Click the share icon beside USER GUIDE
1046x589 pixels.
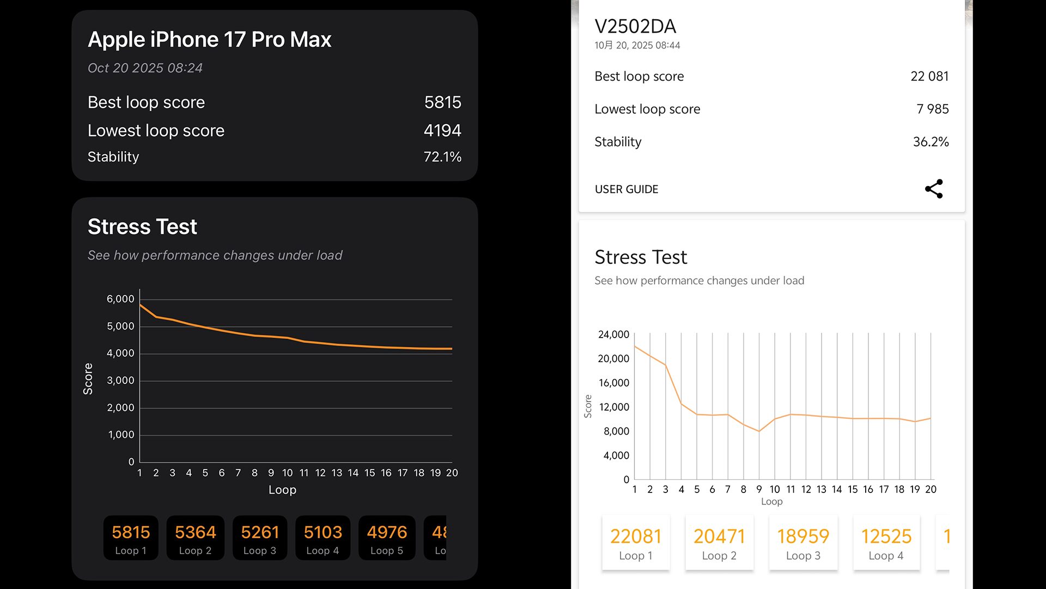(x=934, y=189)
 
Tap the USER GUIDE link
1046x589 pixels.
(x=627, y=189)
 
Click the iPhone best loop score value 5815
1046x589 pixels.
(x=442, y=103)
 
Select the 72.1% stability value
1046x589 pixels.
(x=442, y=157)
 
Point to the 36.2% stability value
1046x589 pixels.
(x=931, y=142)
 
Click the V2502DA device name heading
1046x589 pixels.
(x=635, y=26)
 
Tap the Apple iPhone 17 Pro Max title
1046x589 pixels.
(x=210, y=39)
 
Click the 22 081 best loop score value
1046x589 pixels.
(x=929, y=76)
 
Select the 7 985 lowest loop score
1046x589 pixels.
(x=932, y=109)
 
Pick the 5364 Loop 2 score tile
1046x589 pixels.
(x=195, y=538)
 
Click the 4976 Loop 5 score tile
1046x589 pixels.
(x=387, y=538)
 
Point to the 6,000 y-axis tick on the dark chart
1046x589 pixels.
(x=120, y=299)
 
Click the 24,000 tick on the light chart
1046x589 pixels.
(x=613, y=334)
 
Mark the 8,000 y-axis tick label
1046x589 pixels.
(x=616, y=431)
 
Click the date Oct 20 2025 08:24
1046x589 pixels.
(x=145, y=68)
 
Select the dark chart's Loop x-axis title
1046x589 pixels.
(x=282, y=490)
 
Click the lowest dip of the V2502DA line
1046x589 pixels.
(x=759, y=431)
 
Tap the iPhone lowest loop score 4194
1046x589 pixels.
(x=442, y=131)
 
